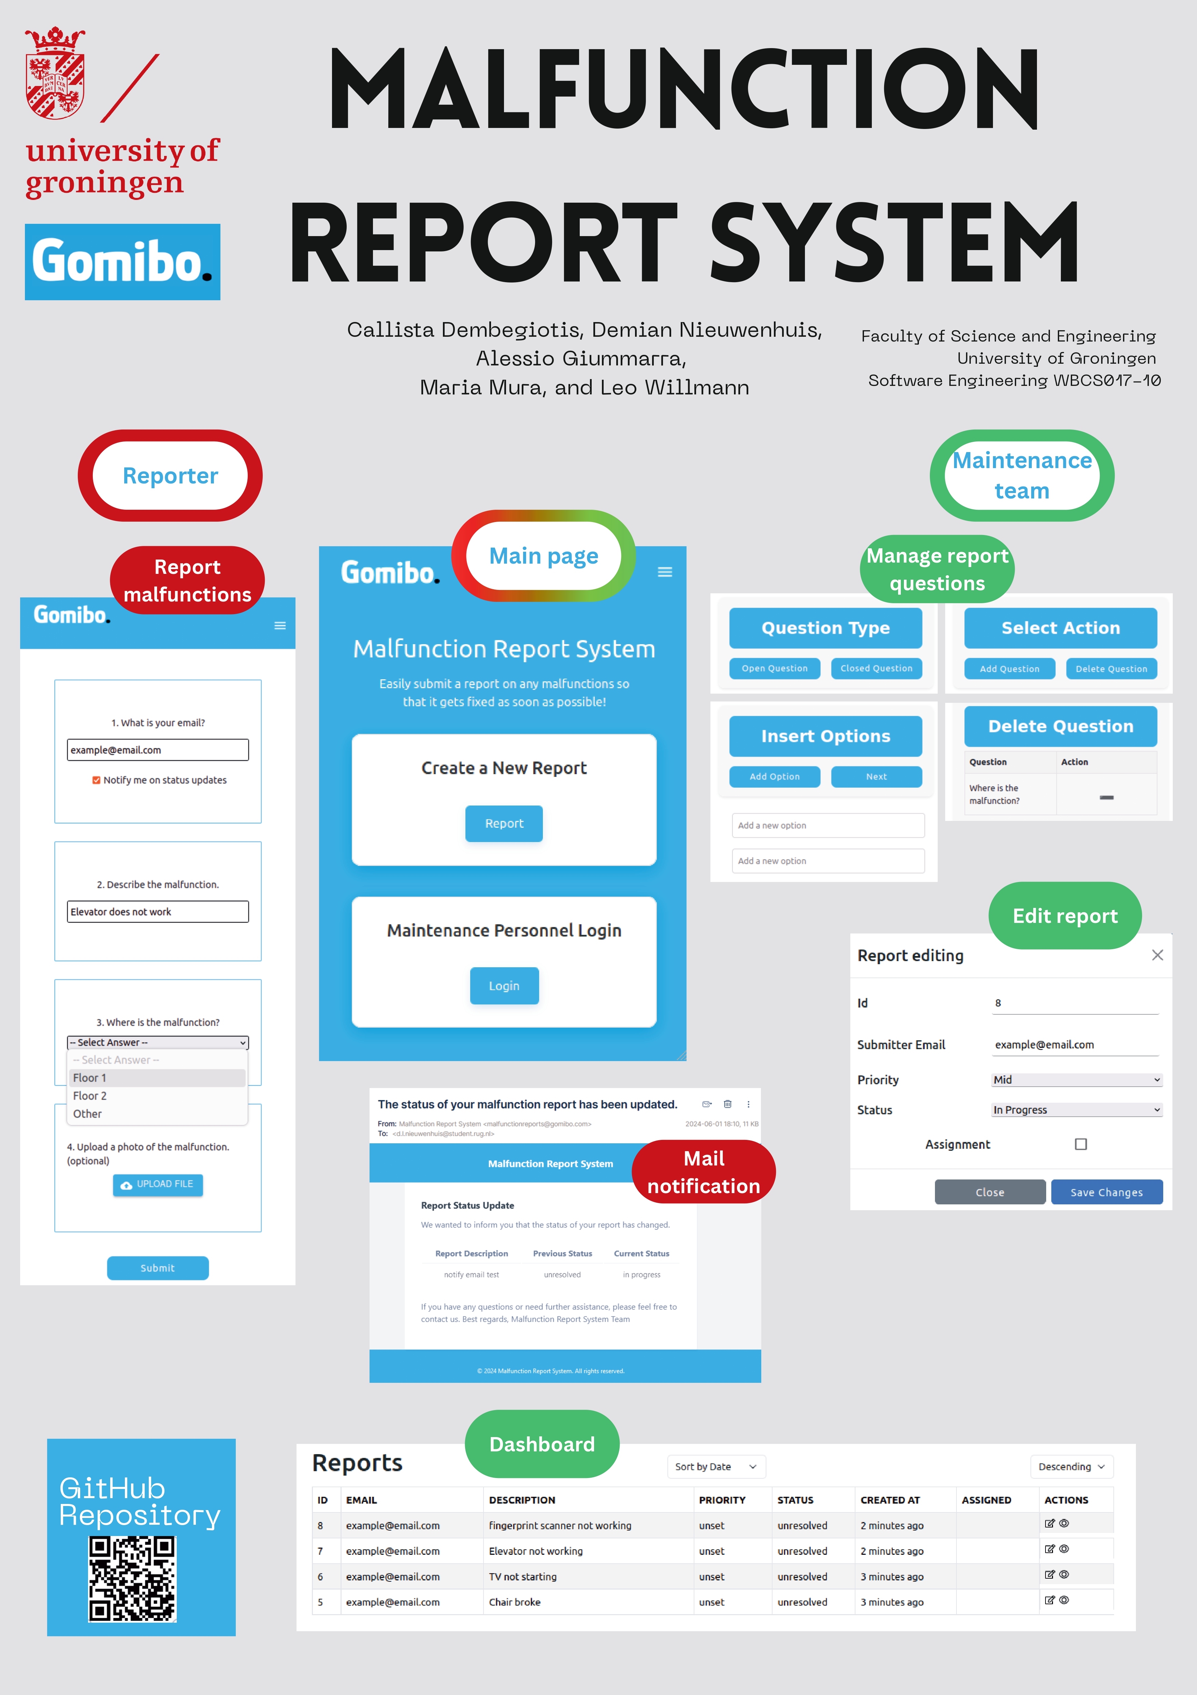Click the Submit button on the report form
pyautogui.click(x=157, y=1267)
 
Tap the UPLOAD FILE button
pyautogui.click(x=157, y=1184)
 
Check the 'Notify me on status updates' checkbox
pyautogui.click(x=96, y=780)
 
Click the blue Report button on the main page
pyautogui.click(x=504, y=823)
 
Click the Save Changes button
pyautogui.click(x=1106, y=1192)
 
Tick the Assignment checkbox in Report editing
pyautogui.click(x=1080, y=1144)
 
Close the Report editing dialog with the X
pyautogui.click(x=1157, y=955)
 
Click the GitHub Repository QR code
pyautogui.click(x=132, y=1578)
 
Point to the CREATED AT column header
pyautogui.click(x=890, y=1500)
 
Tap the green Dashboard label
pyautogui.click(x=542, y=1444)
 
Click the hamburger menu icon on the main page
pyautogui.click(x=665, y=572)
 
